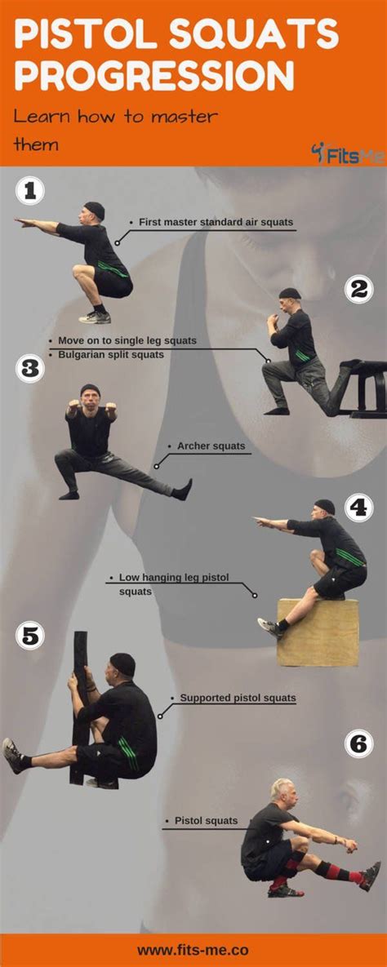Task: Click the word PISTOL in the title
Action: tap(81, 37)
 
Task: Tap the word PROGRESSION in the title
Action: tap(154, 77)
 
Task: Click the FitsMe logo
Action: tap(348, 153)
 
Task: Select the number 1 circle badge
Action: tap(29, 192)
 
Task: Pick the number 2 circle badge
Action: tap(358, 289)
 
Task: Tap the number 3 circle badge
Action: tap(29, 369)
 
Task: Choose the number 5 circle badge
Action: tap(29, 636)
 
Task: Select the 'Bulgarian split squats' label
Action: tap(111, 355)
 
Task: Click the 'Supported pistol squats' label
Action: tap(238, 699)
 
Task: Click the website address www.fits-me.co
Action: tap(193, 950)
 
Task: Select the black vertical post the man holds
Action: tap(80, 702)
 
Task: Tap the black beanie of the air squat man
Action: tap(95, 208)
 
